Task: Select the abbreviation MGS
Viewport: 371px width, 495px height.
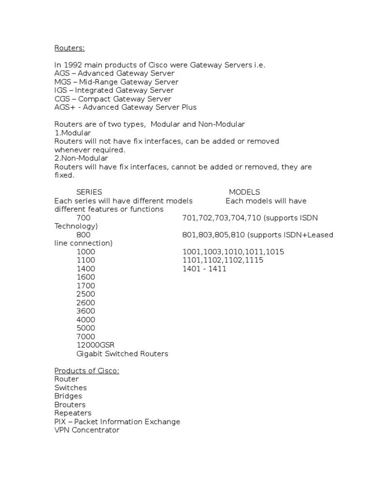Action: point(62,82)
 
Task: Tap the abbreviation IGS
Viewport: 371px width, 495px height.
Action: point(61,90)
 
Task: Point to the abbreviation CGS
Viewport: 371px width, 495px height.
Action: point(62,99)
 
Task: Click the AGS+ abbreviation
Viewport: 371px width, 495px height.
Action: point(65,107)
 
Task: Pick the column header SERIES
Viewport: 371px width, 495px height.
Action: point(89,192)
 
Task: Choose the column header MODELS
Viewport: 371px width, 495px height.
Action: point(244,192)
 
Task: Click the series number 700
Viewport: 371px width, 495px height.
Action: point(83,218)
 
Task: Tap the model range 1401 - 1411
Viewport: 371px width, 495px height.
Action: point(204,269)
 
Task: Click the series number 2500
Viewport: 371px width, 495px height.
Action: point(86,294)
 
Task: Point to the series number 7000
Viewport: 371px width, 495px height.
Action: point(86,336)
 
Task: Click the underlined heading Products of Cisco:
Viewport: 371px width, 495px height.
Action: point(86,371)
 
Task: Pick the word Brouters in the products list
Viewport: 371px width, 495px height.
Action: point(70,405)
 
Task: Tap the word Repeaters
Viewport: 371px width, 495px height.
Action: point(72,413)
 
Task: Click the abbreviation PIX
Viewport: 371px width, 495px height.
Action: point(60,422)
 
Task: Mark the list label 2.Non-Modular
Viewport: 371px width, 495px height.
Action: point(81,158)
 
